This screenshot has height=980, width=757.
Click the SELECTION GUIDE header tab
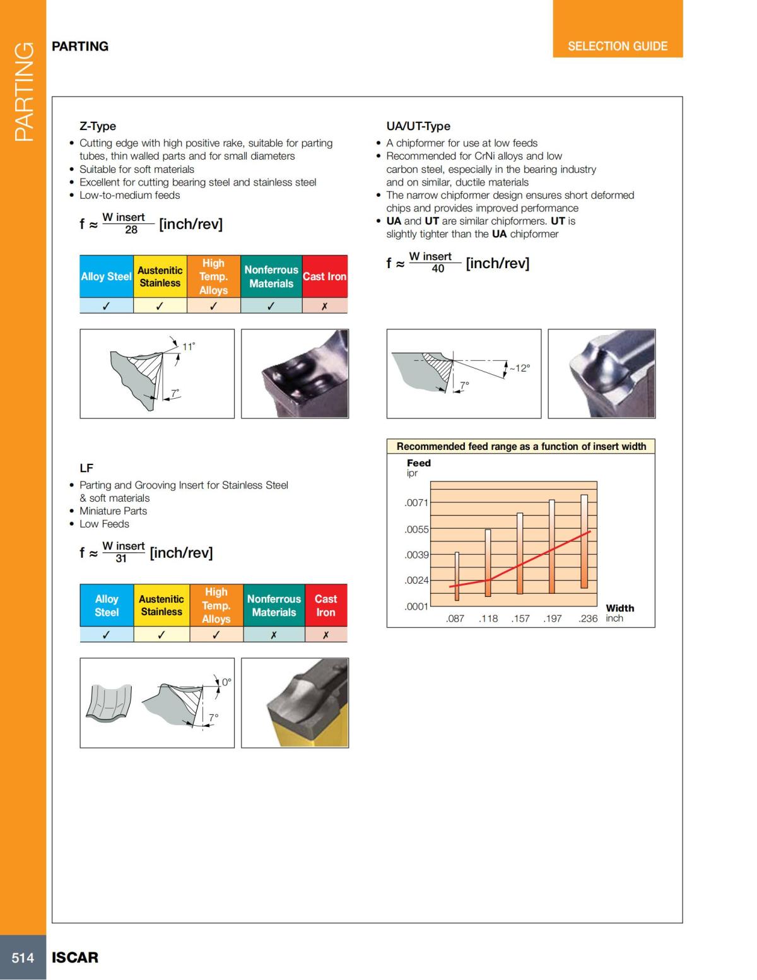(617, 46)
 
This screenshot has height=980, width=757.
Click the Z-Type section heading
(98, 126)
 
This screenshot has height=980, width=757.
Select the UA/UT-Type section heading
(418, 126)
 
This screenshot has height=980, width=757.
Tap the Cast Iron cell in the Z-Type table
(324, 276)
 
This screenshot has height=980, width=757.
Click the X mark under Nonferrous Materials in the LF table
(273, 635)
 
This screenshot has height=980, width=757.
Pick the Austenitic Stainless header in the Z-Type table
(160, 276)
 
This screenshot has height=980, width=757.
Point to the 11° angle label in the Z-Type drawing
(189, 346)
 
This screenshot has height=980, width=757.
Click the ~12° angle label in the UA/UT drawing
(520, 368)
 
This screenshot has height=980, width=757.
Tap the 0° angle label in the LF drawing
(226, 682)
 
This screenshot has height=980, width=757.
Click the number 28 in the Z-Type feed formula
(131, 230)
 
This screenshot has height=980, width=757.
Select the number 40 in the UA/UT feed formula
(438, 269)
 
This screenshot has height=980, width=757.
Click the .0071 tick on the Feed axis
(416, 503)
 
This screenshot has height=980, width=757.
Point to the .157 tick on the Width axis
(520, 618)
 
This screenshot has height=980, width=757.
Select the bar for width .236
(584, 541)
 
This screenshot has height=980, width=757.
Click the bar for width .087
(457, 576)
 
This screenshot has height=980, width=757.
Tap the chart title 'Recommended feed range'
(521, 446)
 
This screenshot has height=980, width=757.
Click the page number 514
(23, 958)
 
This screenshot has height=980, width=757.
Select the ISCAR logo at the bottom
(75, 958)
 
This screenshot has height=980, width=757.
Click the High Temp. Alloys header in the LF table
(216, 605)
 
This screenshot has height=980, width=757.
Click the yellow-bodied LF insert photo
(295, 703)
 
